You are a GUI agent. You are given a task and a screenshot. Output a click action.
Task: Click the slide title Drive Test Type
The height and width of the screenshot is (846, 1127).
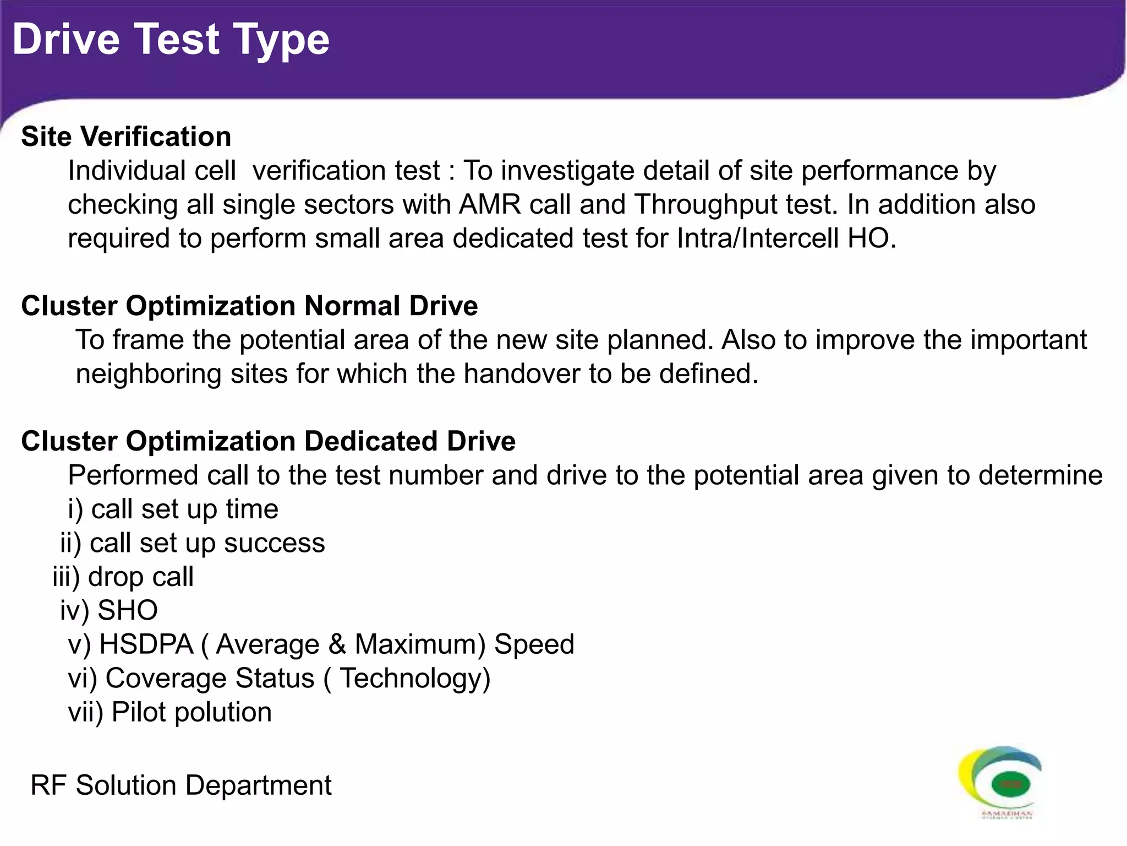(x=171, y=40)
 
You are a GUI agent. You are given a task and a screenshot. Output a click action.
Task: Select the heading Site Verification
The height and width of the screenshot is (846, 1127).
(x=126, y=137)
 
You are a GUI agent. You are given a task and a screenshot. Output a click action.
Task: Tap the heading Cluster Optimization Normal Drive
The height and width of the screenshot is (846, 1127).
(x=249, y=306)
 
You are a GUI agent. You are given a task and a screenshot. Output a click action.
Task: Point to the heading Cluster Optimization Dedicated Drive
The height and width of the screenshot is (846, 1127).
(x=268, y=441)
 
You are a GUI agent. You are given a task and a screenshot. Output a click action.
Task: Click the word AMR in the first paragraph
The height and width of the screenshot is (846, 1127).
(x=490, y=204)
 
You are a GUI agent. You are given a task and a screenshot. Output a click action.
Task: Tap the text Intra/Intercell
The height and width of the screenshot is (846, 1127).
(x=757, y=238)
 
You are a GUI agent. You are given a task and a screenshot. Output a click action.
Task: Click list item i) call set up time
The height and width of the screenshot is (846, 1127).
(x=173, y=509)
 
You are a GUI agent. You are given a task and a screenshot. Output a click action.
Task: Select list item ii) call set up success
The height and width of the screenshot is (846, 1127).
(x=193, y=543)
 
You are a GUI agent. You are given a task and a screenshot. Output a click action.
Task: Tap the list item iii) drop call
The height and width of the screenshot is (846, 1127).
(x=123, y=577)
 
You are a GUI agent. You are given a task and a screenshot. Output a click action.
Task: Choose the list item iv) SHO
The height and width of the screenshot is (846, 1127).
(x=109, y=610)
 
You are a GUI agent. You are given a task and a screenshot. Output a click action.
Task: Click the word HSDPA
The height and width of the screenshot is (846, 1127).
(x=146, y=644)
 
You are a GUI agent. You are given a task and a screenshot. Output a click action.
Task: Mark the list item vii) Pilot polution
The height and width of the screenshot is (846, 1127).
(x=169, y=712)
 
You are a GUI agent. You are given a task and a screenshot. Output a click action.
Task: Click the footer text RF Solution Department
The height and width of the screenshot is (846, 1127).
(x=181, y=785)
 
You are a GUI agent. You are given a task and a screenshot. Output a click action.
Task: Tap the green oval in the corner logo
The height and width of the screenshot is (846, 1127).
(x=1010, y=784)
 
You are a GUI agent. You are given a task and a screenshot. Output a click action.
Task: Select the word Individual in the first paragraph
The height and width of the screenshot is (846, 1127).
(x=152, y=171)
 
